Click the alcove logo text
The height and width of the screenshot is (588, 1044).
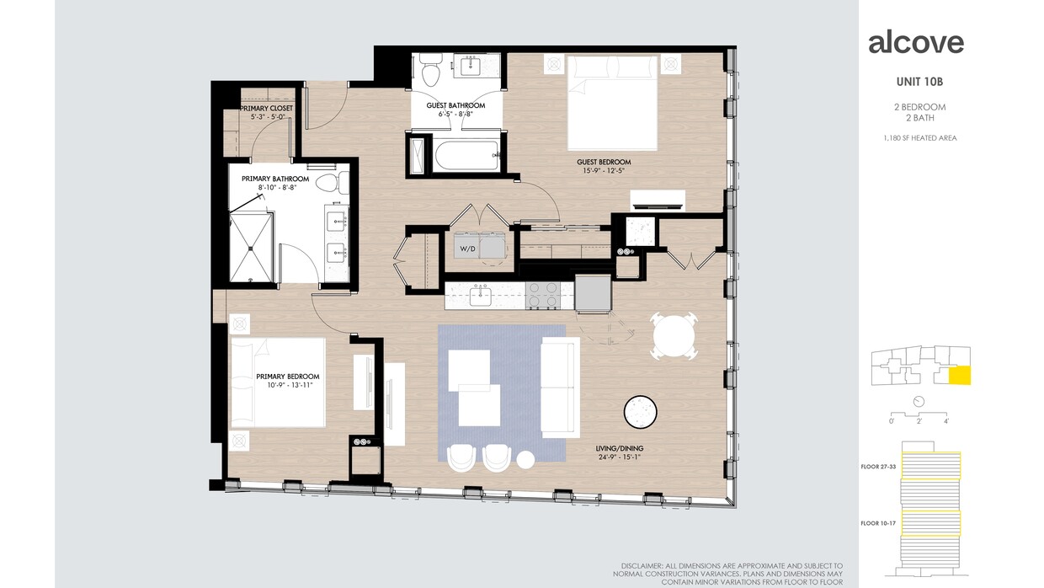pos(916,42)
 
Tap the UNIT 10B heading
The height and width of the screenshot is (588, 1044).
pos(919,83)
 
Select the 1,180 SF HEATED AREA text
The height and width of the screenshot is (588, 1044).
pos(919,138)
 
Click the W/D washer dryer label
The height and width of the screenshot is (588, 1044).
pos(467,249)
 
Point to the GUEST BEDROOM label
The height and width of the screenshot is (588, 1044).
pos(603,163)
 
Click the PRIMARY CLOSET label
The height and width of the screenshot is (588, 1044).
pos(266,109)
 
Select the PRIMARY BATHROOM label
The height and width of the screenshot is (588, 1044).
pos(274,179)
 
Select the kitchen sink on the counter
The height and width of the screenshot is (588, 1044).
pos(481,295)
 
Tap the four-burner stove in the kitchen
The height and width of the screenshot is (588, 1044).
pos(543,295)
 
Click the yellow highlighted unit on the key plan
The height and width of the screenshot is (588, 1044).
pos(959,376)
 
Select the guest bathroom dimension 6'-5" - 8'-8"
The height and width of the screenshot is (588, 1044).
pos(455,114)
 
